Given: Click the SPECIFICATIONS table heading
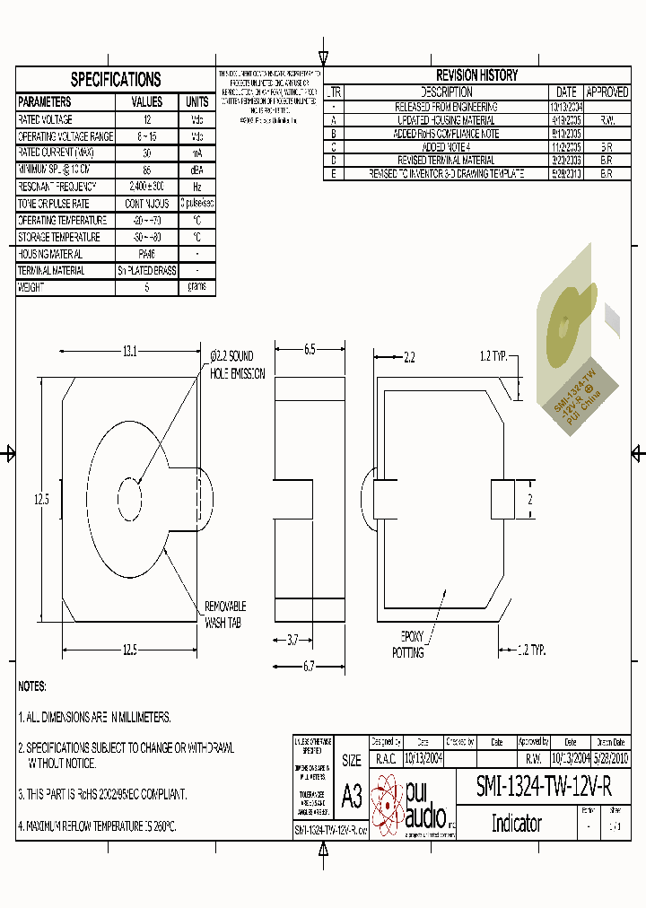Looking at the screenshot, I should point(116,79).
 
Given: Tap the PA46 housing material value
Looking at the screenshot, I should point(147,254).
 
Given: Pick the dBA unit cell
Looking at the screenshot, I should point(196,170).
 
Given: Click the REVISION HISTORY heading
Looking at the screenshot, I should point(476,75).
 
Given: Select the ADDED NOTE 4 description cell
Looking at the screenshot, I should point(446,146).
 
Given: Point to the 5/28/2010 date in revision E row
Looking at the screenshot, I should point(566,173).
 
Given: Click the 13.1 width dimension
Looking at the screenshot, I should point(131,352).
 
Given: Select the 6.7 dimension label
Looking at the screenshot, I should point(310,666).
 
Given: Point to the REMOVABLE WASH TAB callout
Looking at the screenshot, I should point(225,615).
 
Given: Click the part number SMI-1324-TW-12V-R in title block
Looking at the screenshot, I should point(545,787).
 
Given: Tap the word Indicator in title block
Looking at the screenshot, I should point(516,823).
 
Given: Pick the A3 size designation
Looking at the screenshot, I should point(352,797).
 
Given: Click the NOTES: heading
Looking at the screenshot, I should point(32,686).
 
